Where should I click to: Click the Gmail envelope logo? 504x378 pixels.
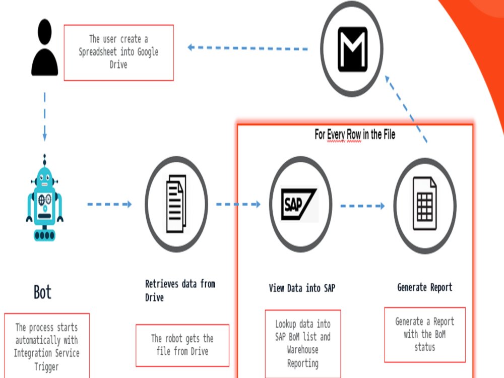[352, 49]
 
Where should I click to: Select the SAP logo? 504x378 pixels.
[299, 205]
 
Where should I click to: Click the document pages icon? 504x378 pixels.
[176, 204]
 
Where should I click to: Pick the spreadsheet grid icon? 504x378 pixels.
[424, 204]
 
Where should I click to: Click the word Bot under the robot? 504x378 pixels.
[42, 292]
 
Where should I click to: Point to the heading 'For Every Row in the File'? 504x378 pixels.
[355, 135]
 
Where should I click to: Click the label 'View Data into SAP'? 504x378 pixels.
[302, 288]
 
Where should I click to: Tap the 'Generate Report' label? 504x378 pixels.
[424, 287]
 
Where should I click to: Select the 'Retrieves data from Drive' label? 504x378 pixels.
[180, 291]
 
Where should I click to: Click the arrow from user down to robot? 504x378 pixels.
[45, 117]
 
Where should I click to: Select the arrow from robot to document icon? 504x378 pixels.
[109, 204]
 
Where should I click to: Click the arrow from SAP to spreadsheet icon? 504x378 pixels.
[362, 206]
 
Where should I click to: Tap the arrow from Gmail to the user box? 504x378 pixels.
[247, 48]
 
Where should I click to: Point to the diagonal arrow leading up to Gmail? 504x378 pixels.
[406, 109]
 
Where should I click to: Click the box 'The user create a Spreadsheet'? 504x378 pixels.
[119, 53]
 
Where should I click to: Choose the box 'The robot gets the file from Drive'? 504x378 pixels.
[182, 345]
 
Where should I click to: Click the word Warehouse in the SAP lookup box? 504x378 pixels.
[303, 350]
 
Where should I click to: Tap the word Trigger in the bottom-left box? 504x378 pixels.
[46, 367]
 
